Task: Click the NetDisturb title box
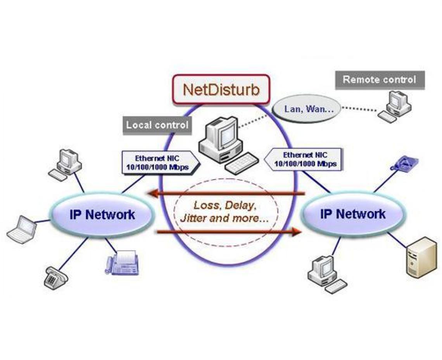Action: click(221, 89)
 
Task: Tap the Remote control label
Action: click(379, 80)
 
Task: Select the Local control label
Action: click(157, 125)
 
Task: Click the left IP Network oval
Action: click(102, 215)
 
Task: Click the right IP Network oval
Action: click(352, 214)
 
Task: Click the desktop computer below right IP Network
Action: click(326, 273)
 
